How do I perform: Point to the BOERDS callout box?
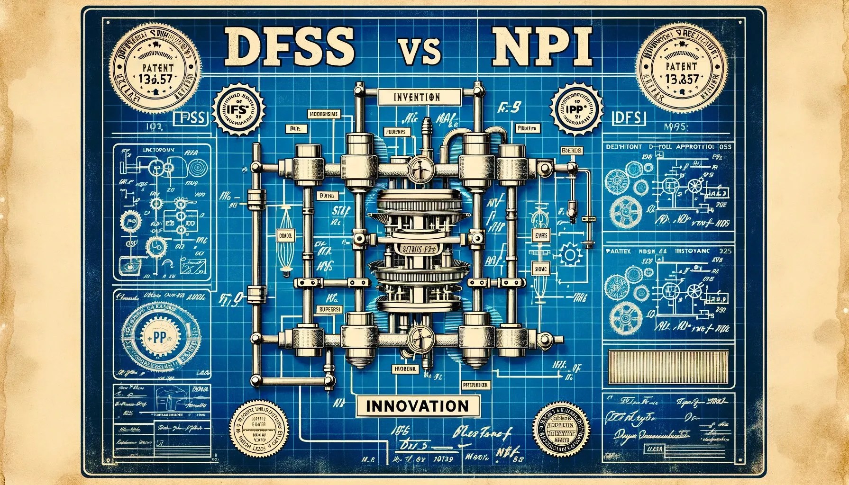coord(572,150)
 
